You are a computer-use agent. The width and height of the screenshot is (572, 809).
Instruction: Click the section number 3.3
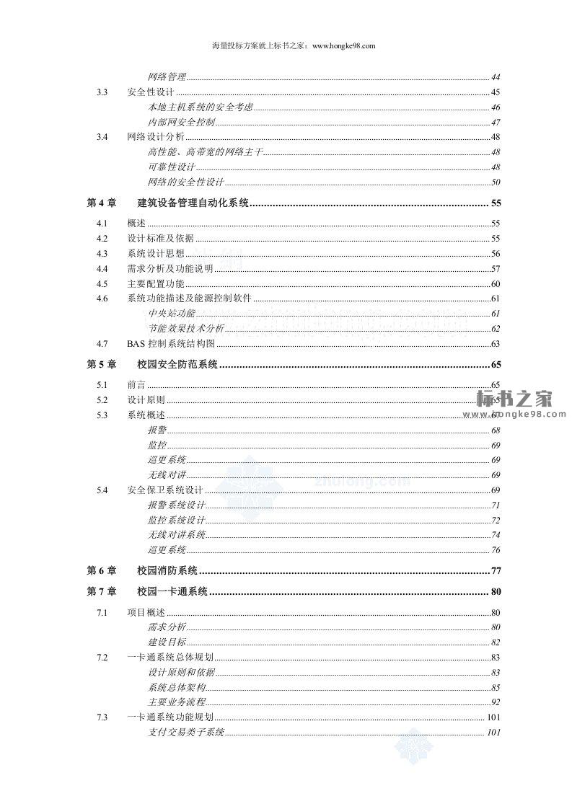102,92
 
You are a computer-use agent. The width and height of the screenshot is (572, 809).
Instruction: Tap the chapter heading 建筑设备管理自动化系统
193,203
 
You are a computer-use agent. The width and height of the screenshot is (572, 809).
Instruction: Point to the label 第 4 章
101,203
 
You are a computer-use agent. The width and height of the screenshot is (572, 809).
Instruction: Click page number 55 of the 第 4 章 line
496,203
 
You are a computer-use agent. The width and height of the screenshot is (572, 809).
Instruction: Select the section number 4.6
102,299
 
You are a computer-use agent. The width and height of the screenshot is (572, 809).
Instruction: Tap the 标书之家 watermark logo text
514,398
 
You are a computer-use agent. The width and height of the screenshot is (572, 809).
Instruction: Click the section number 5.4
102,490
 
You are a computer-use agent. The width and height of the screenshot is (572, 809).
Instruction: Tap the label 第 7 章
101,592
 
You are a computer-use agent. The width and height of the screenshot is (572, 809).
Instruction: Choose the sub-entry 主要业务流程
177,702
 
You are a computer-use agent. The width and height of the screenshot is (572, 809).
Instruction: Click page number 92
496,702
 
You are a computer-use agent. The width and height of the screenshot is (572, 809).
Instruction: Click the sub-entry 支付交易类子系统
186,733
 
